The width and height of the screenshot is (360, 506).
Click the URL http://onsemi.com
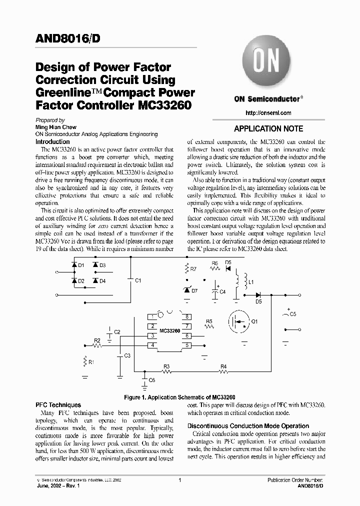click(x=269, y=113)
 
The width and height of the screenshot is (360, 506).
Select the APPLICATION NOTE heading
click(x=268, y=128)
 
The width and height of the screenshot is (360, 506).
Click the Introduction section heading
click(x=53, y=141)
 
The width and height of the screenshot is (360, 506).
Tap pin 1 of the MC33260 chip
click(x=151, y=317)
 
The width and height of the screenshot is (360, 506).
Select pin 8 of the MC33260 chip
click(x=187, y=317)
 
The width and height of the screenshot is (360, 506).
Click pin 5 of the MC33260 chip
click(x=187, y=345)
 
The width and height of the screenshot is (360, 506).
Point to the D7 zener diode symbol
click(x=187, y=290)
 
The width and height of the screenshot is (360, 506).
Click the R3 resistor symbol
click(x=167, y=371)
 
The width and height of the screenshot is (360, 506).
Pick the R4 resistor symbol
click(x=223, y=371)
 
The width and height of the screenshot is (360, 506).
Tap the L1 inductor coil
click(x=238, y=282)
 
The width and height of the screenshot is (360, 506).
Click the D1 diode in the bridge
click(x=73, y=265)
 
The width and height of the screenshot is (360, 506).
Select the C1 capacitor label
click(x=138, y=280)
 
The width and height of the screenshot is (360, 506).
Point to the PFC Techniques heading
click(x=58, y=405)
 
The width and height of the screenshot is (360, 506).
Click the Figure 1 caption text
click(x=179, y=396)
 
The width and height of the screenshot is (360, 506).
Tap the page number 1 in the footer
click(x=179, y=480)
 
